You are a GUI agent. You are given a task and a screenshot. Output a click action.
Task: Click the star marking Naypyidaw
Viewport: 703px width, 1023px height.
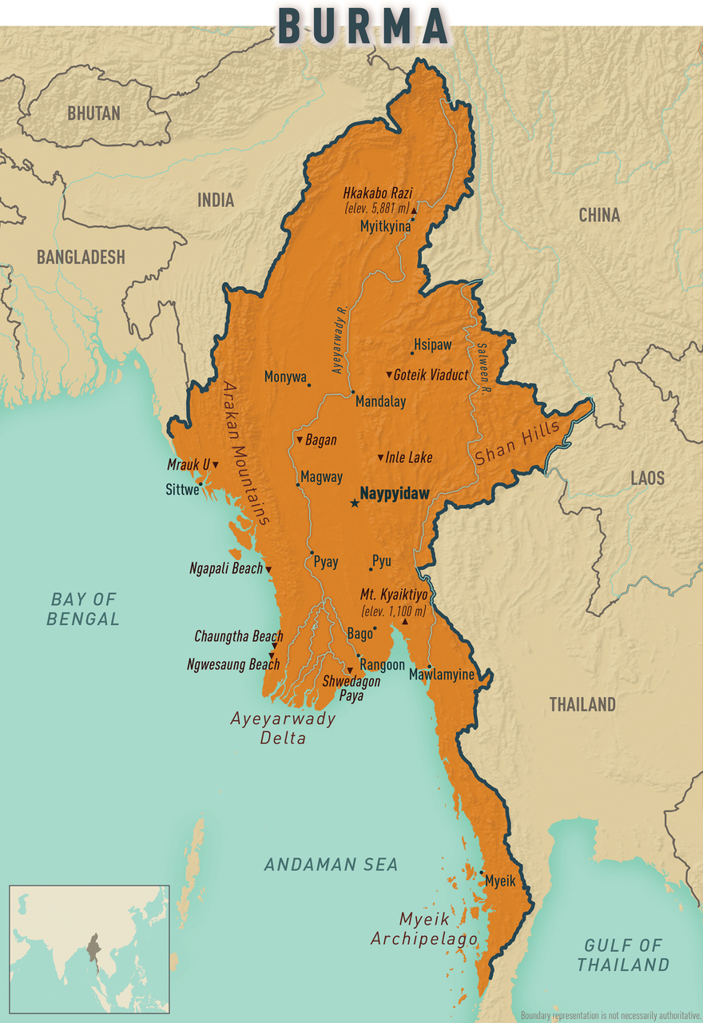[354, 503]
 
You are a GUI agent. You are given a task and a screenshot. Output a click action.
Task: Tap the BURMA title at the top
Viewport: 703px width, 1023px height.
[363, 26]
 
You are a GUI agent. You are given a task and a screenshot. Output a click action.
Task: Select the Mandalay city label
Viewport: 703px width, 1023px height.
[380, 402]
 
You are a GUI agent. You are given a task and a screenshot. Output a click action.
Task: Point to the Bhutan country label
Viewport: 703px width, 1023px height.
[93, 113]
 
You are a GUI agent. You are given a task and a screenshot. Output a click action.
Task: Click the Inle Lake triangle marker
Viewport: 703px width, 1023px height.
[381, 458]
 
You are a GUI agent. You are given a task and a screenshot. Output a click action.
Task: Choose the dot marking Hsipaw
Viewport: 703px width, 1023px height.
[412, 352]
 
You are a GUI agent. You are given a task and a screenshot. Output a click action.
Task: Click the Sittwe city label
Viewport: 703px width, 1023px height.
[181, 490]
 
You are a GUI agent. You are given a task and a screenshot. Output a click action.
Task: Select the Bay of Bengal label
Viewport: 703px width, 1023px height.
[83, 608]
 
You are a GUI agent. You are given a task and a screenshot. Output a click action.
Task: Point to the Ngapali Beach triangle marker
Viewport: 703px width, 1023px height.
[268, 569]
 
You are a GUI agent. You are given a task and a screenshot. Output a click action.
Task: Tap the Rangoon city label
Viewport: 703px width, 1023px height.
[382, 665]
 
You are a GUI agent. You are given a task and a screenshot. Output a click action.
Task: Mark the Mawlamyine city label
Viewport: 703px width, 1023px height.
[441, 675]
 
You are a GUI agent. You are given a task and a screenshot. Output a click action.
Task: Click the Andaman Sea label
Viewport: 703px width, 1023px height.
[331, 864]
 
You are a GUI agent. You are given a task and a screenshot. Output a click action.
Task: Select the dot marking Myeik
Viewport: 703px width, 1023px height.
[482, 872]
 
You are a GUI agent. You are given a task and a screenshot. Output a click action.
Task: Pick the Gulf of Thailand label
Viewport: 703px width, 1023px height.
[623, 954]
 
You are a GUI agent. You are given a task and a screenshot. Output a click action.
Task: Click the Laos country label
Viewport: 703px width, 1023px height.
[647, 478]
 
